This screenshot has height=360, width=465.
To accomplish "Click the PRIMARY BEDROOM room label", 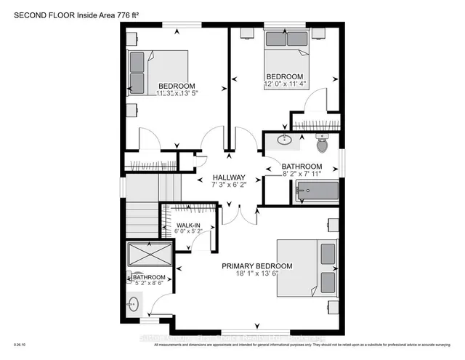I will pos(257,266).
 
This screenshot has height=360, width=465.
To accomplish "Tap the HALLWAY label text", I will pos(229,177).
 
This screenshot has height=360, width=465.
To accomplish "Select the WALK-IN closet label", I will pos(188,225).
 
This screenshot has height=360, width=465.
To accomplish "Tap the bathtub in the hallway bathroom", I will pos(317,192).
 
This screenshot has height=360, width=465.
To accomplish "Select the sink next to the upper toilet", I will pos(284,140).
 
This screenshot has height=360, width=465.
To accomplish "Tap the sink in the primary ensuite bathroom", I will pos(134,303).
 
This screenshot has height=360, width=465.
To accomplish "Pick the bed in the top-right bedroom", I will pos(284,51).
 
